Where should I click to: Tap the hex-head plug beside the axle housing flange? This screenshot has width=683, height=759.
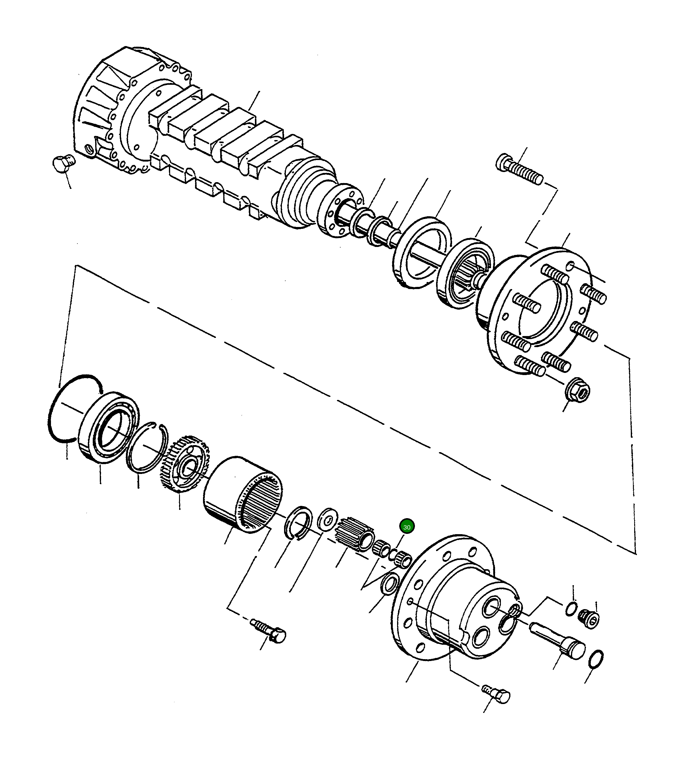pos(63,163)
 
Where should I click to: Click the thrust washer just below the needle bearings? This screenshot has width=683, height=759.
pos(389,584)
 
